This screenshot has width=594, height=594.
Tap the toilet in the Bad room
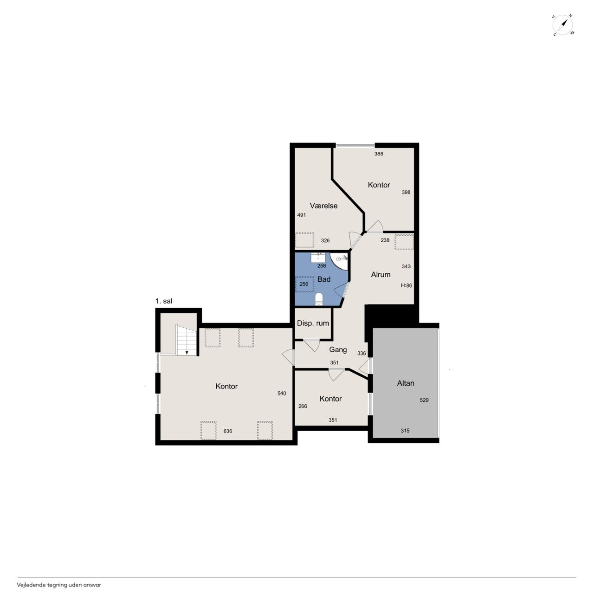click(319, 299)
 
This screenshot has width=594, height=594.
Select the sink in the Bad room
click(318, 258)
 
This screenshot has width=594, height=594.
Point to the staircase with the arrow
click(186, 340)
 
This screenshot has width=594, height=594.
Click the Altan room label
click(405, 383)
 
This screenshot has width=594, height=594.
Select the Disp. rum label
click(313, 323)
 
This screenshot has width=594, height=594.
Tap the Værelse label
click(323, 206)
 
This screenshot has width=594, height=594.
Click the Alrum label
click(381, 274)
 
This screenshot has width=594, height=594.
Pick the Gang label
click(338, 349)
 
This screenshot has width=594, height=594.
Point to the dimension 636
click(228, 431)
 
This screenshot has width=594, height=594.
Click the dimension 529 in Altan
click(424, 400)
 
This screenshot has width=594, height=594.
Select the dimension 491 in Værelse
click(302, 215)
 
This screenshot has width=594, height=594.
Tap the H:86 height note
click(406, 285)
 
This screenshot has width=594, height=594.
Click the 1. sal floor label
click(164, 301)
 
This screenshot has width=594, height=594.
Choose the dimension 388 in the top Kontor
click(379, 154)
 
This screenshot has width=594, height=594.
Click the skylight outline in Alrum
click(404, 242)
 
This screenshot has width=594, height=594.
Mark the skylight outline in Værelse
click(304, 240)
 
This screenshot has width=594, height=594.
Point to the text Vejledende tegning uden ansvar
click(59, 584)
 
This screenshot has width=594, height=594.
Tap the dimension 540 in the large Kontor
click(282, 394)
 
